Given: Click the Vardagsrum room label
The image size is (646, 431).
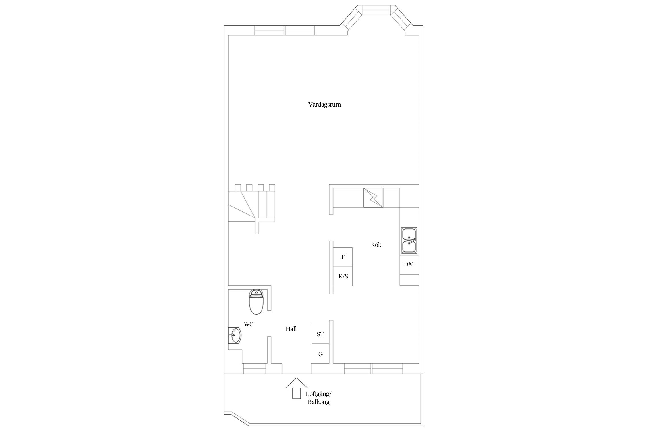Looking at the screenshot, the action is (324, 105).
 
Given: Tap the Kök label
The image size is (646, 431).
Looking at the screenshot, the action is (376, 245).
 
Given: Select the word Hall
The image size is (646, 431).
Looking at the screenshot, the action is (291, 329).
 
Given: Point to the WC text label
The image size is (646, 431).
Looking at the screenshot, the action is (249, 324).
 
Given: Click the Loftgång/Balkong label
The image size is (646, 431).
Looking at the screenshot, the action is (318, 398).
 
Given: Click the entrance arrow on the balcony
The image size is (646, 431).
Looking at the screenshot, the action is (296, 388).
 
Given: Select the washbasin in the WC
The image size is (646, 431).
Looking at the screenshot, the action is (235, 335).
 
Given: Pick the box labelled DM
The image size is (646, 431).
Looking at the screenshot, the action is (409, 265).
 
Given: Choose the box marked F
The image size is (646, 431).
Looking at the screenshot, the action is (343, 257).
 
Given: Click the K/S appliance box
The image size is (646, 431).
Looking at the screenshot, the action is (343, 276).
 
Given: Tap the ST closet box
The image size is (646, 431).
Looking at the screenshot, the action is (320, 334).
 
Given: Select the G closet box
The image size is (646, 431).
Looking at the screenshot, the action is (320, 354).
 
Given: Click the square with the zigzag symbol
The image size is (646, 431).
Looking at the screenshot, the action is (373, 198).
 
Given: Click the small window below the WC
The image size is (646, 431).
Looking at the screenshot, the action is (254, 369).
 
